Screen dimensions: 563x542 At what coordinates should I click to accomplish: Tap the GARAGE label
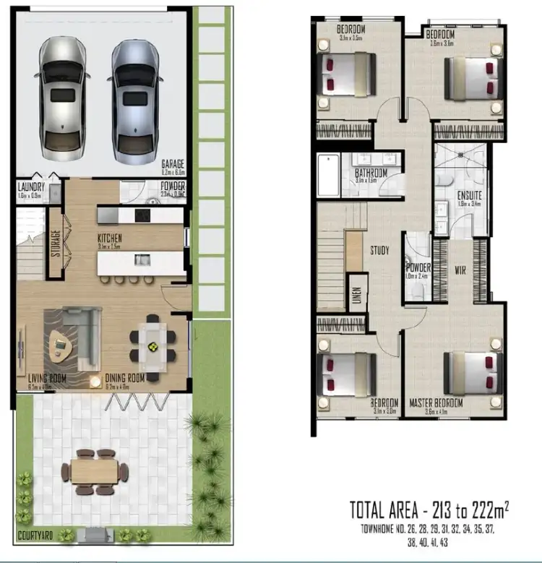point(173,165)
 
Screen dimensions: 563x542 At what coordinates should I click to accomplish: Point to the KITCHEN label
point(110,237)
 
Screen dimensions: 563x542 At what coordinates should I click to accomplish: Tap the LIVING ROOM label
point(46,378)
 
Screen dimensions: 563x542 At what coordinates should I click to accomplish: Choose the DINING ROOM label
point(125,378)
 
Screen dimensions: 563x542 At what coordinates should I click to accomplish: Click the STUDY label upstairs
point(379,251)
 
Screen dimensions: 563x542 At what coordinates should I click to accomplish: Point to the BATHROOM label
point(371,173)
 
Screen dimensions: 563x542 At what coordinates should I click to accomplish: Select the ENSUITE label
point(470,195)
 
